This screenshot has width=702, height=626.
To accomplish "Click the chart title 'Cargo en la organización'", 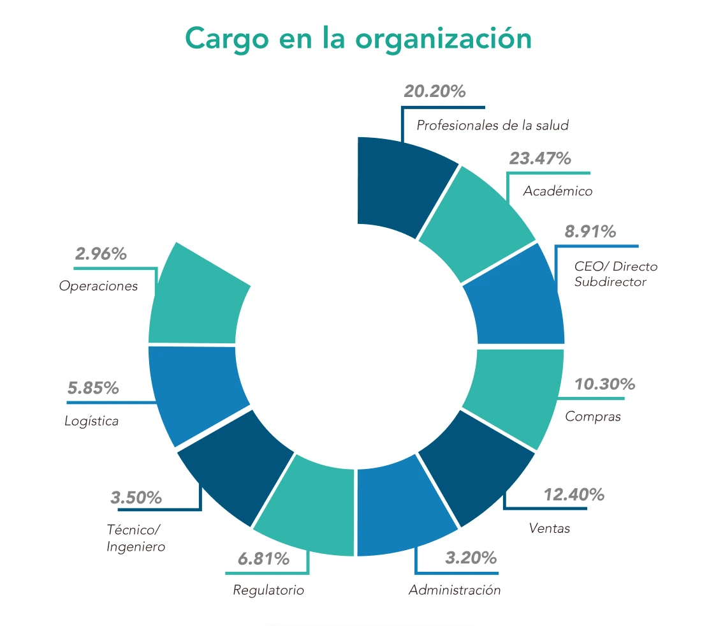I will (358, 38).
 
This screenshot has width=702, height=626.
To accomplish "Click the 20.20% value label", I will (435, 91).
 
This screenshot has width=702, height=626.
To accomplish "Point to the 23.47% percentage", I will (540, 158).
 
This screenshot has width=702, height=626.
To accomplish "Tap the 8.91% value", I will (590, 232).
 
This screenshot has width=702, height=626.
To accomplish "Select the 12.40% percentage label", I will (574, 495).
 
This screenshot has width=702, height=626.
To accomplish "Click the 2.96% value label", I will (101, 254).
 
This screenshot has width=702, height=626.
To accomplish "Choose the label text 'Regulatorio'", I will (268, 590).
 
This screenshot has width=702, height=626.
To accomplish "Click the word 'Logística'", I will (92, 421).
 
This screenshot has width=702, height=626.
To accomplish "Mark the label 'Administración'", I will (455, 590).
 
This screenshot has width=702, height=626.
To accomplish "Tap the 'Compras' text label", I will (593, 417).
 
